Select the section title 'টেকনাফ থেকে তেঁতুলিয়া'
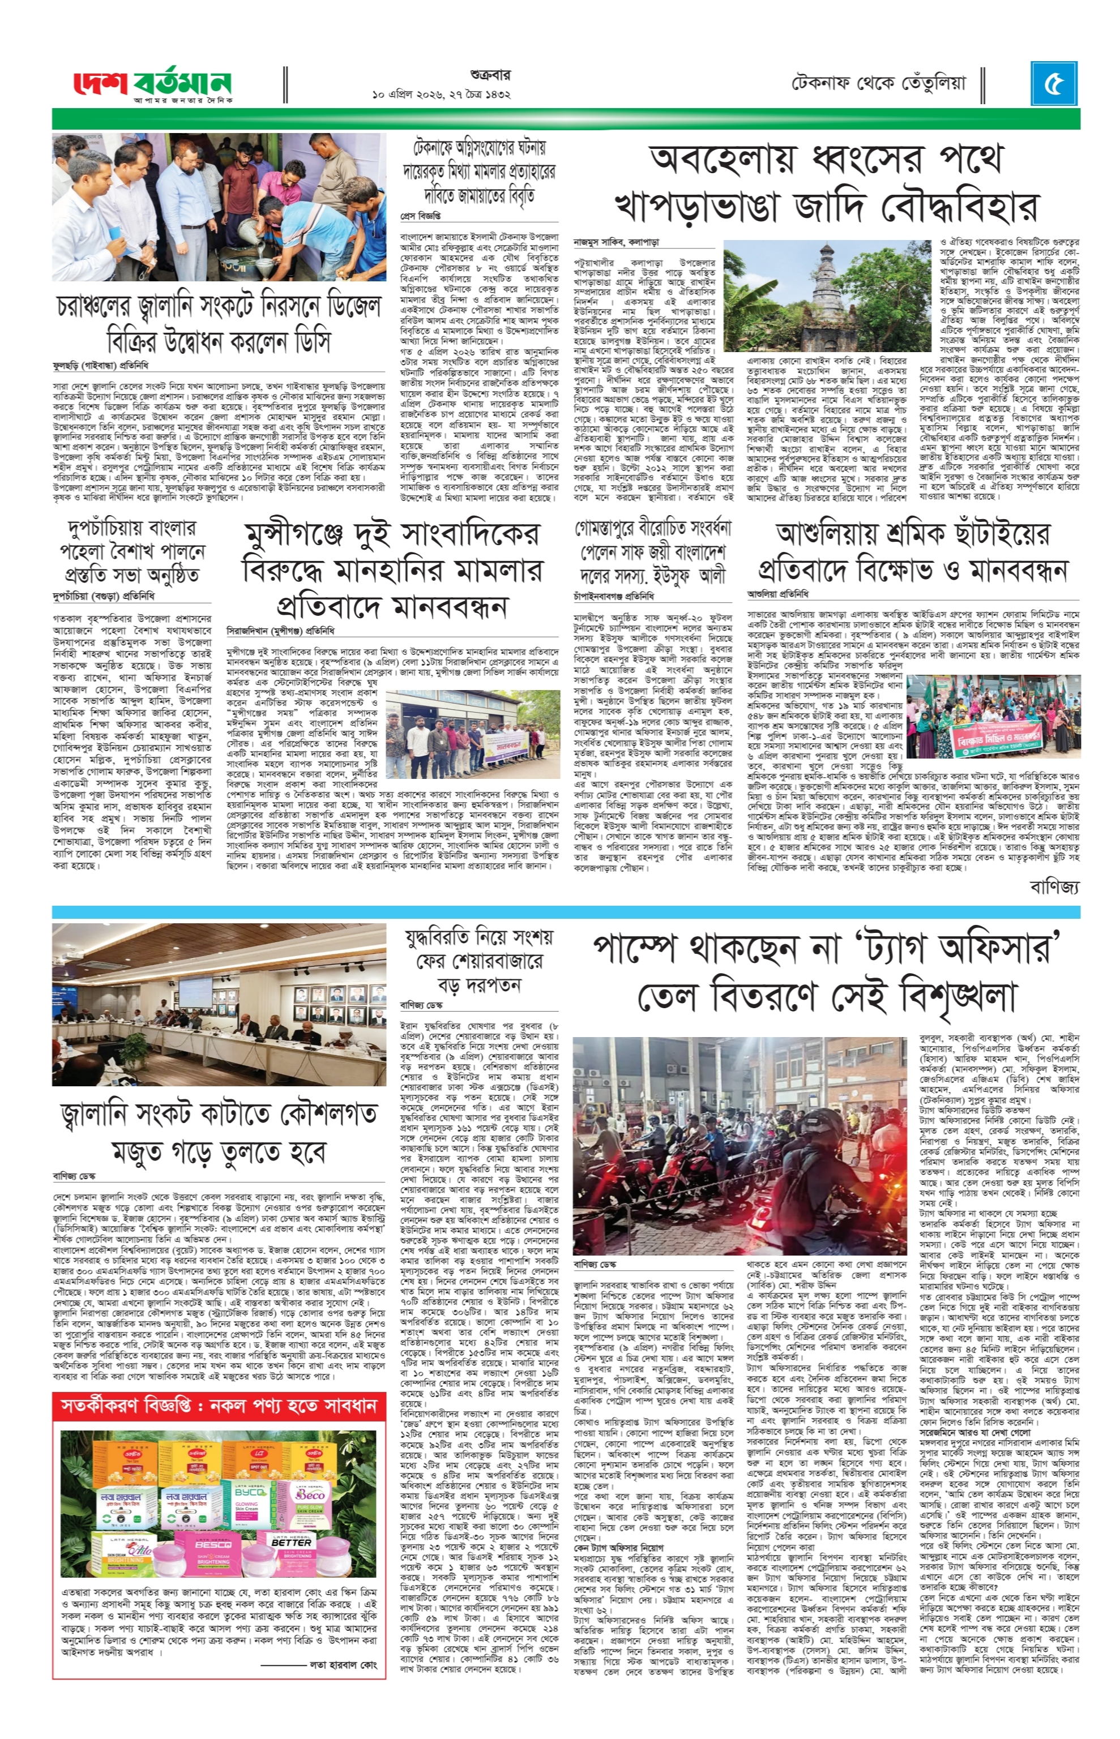point(879,84)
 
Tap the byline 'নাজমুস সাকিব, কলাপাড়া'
point(616,242)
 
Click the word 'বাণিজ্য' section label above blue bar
point(1054,886)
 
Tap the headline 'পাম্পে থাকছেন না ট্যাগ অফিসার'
point(826,949)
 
